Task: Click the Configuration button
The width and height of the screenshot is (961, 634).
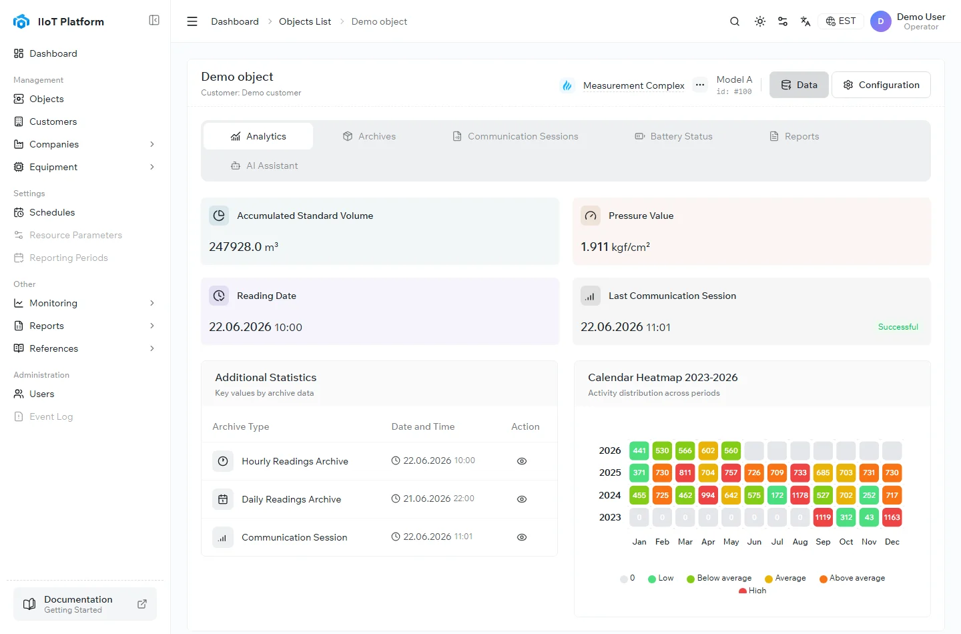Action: tap(881, 85)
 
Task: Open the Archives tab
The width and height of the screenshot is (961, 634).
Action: tap(369, 136)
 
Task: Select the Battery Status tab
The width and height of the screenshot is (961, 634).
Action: tap(673, 136)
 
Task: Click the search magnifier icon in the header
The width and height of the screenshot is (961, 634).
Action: tap(735, 21)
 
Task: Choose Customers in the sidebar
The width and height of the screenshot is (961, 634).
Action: tap(53, 121)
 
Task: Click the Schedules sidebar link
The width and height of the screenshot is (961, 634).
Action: tap(52, 212)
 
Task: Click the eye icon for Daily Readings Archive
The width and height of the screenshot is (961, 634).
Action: tap(522, 499)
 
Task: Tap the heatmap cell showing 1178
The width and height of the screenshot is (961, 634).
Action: tap(799, 495)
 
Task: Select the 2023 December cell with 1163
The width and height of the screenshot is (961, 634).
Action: tap(892, 517)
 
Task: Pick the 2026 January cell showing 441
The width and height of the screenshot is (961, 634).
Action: tap(639, 450)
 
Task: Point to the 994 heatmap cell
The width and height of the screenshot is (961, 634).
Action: tap(708, 495)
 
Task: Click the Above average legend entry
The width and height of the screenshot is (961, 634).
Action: tap(852, 578)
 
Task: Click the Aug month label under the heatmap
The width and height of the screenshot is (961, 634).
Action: tap(799, 542)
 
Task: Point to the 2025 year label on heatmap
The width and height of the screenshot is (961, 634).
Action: tap(610, 472)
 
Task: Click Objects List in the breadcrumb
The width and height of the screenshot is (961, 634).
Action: tap(304, 21)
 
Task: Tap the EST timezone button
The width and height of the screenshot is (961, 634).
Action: tap(840, 21)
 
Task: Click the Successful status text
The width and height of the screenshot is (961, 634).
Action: tap(898, 327)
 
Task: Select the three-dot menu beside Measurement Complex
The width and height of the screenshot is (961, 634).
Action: tap(699, 85)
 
